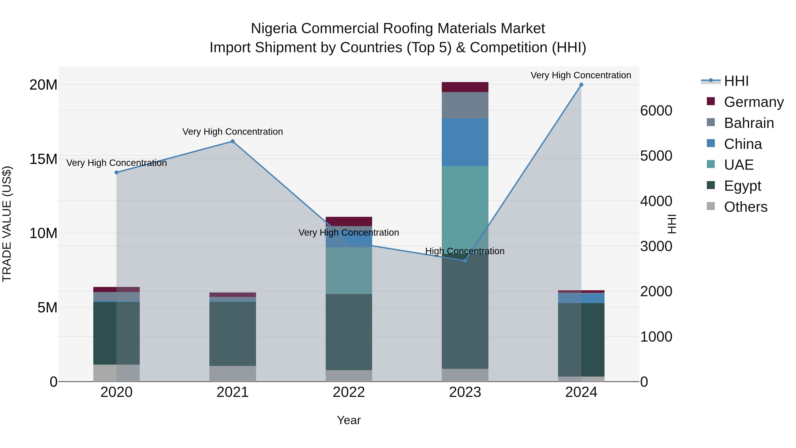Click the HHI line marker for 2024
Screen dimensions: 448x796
tap(581, 85)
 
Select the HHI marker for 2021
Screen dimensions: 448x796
tap(233, 141)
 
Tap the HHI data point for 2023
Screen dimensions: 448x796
tap(465, 261)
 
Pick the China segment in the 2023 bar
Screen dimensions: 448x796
tap(465, 142)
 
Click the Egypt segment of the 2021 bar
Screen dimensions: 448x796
tap(233, 334)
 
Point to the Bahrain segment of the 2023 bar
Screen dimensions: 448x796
tap(465, 105)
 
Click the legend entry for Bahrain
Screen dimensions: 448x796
tap(748, 123)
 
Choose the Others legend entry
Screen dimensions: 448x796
tap(745, 207)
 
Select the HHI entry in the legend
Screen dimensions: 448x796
tap(736, 81)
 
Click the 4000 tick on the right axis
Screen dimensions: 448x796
tap(656, 201)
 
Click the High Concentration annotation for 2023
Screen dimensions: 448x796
tap(465, 251)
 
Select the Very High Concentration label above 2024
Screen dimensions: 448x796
tap(581, 75)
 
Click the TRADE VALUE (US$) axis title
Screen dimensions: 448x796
tap(7, 224)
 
